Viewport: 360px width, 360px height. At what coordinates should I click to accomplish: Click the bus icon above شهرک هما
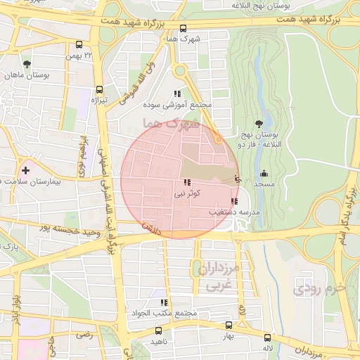(184, 29)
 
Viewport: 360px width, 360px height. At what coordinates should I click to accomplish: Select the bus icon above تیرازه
(99, 90)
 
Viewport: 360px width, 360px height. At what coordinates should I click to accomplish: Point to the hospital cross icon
(26, 169)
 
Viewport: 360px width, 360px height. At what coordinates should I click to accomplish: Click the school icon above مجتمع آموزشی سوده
(178, 94)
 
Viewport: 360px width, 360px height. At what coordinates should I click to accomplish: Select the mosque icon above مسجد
(264, 174)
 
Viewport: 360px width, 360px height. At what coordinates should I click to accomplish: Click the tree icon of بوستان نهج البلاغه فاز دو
(259, 124)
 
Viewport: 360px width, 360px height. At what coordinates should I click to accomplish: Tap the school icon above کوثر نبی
(187, 182)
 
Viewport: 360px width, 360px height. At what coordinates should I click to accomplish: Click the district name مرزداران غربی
(221, 278)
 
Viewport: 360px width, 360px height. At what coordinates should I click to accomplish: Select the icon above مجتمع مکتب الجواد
(164, 302)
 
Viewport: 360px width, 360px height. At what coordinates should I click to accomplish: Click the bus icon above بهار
(229, 326)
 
